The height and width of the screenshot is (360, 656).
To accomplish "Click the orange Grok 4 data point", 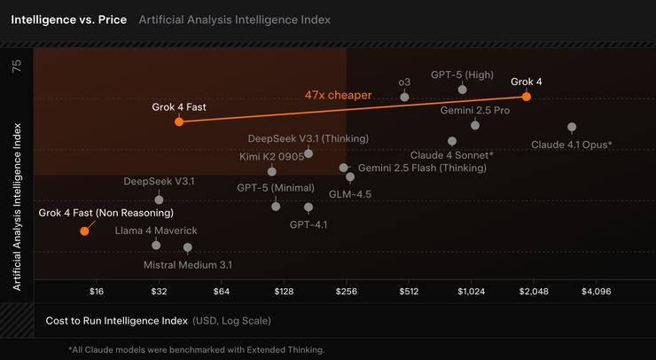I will pos(527,97).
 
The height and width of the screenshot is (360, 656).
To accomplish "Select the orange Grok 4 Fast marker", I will pos(179,121).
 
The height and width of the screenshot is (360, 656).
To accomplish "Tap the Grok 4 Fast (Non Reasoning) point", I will pos(84,231).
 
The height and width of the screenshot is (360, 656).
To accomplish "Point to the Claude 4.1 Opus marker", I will pos(572,127).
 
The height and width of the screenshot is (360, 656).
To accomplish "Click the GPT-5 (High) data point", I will pos(463,90).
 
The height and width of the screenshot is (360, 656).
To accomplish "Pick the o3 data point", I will pos(405,96).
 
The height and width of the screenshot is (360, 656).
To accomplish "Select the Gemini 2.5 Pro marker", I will pos(475,125).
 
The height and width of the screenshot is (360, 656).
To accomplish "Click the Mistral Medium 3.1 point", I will pos(187,247).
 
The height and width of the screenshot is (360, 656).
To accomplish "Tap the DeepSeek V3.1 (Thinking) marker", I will pos(308,153).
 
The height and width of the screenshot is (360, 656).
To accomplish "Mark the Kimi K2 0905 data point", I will pos(271,171).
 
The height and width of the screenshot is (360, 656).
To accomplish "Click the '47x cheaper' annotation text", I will pos(338,94).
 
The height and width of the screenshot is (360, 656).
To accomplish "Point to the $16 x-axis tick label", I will pos(97,291).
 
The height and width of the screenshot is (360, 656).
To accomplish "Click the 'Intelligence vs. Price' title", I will pos(68,19).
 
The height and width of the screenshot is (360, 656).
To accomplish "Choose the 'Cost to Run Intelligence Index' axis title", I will pos(115,320).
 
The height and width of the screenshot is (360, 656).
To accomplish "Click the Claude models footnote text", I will pos(196,349).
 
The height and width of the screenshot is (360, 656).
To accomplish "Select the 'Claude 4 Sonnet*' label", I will pos(451,155).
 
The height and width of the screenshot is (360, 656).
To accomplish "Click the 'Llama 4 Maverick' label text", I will pos(155,231).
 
